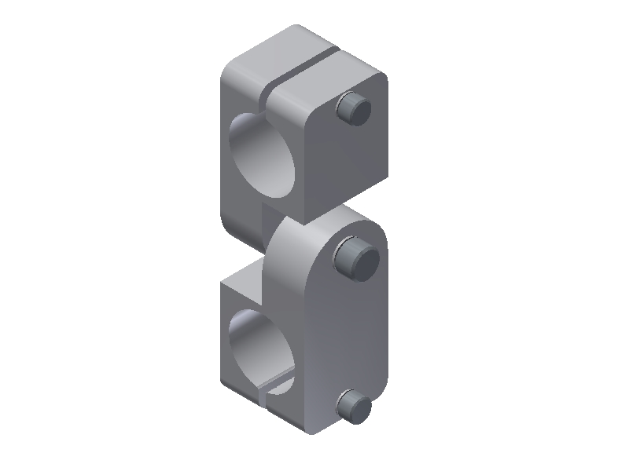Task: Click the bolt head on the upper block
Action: pos(353,109)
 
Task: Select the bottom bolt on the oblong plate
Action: pos(353,405)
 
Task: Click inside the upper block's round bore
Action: pos(263,157)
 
